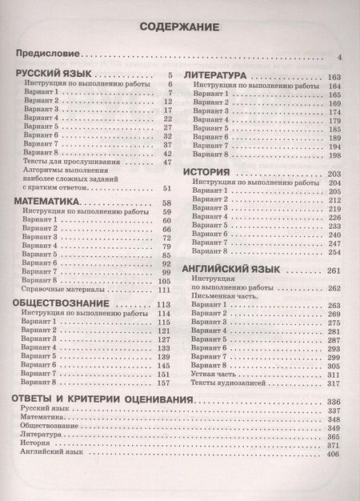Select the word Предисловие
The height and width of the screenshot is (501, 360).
pos(48,55)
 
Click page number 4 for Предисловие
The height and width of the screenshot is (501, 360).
pos(340,58)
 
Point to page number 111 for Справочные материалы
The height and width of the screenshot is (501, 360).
pos(166,291)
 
